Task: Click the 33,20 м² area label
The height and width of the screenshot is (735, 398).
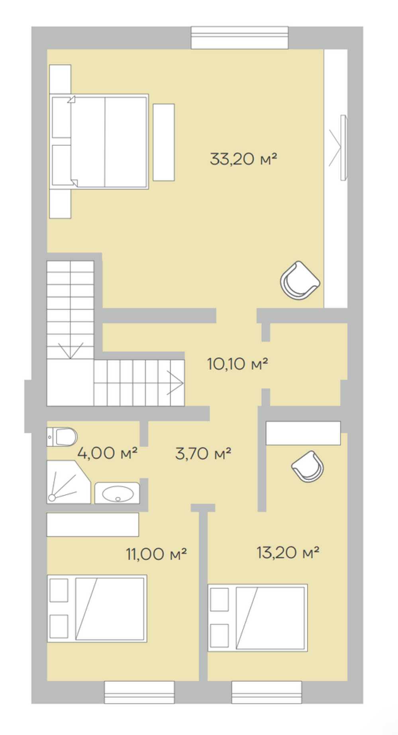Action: [243, 159]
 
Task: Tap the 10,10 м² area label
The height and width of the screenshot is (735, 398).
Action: [237, 364]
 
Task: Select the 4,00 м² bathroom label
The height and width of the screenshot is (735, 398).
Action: [108, 453]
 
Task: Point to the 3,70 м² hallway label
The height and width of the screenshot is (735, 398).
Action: [203, 453]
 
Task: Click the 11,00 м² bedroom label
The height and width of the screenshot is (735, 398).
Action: [156, 554]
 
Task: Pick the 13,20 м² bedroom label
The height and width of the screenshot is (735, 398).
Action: [288, 552]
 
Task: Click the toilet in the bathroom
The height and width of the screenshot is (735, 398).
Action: [62, 437]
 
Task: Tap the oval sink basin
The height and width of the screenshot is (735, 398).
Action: [118, 494]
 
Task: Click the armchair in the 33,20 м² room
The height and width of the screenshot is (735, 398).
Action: [300, 281]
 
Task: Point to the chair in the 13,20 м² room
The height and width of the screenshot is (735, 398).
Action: [308, 467]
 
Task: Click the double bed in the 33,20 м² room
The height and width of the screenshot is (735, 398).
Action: [99, 142]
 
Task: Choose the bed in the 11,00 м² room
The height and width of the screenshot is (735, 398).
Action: [97, 608]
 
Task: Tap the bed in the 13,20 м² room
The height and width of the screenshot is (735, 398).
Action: [258, 618]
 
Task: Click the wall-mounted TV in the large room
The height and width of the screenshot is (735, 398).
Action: [343, 148]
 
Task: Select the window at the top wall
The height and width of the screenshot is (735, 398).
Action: [239, 38]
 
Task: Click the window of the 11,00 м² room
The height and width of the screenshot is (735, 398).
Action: [139, 692]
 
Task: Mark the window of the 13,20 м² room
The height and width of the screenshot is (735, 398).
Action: [267, 692]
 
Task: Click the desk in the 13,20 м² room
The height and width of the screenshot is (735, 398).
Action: [303, 433]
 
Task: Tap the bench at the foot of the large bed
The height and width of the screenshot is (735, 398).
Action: [164, 142]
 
